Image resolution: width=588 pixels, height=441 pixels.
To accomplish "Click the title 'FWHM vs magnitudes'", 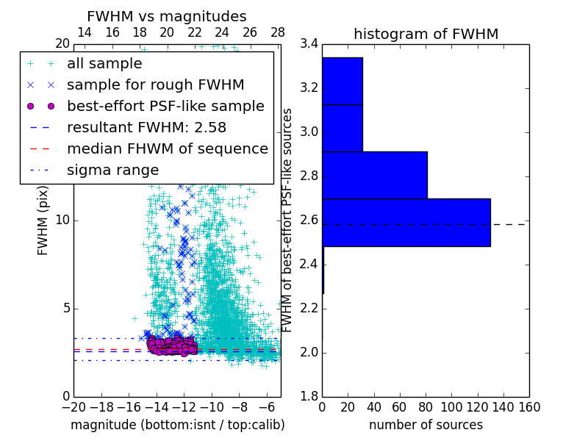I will pos(167,16).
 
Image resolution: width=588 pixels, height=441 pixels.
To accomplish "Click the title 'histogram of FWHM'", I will pos(426,34).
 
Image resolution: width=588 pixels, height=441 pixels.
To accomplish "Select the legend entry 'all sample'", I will pos(104,64).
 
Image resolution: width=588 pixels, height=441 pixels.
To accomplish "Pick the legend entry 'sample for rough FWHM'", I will pos(155,85).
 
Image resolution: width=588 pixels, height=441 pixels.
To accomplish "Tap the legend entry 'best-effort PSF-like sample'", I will pos(165,106).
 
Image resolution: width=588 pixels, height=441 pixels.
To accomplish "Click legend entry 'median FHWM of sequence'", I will pos(167,148).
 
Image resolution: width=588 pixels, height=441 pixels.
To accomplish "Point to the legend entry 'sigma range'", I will pos(112,170).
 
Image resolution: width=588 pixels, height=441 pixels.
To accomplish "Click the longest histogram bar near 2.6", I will pos(406,223).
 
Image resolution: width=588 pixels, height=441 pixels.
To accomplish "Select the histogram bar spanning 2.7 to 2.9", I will pos(375,175).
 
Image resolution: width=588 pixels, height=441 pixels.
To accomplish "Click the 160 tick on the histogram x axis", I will pos(529,406).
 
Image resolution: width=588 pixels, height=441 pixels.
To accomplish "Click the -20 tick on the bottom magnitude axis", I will pos(73,406).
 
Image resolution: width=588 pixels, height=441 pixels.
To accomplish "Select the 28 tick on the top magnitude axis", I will pos(278,32).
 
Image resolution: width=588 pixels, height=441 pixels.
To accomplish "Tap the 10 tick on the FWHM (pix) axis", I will pos(62,220).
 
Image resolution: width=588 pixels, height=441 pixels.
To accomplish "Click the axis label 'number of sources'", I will pos(426,425).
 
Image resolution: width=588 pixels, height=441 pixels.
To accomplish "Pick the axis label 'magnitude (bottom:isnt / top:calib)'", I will pos(177,425).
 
